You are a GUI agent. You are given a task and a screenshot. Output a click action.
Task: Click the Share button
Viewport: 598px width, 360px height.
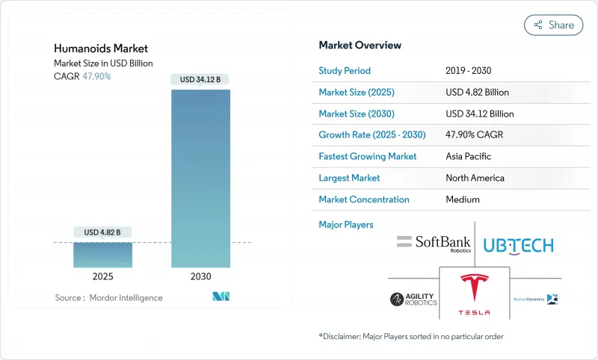point(554,25)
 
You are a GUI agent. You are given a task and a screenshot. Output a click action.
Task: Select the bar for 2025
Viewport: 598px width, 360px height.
point(103,255)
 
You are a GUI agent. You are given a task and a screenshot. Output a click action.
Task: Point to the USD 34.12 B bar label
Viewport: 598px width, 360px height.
point(201,79)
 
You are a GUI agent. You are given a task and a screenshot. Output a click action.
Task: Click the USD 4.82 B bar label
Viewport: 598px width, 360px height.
point(103,232)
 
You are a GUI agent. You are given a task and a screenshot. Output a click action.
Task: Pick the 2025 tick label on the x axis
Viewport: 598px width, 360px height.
point(103,276)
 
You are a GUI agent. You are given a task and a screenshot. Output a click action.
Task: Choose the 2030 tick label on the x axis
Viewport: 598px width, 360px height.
point(201,276)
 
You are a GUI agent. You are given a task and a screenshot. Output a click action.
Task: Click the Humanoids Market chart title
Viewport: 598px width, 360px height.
point(101,49)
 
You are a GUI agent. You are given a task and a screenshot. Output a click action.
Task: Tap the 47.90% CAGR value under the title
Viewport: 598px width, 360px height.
point(96,77)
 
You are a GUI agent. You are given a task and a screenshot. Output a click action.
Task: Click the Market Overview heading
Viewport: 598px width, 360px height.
point(360,46)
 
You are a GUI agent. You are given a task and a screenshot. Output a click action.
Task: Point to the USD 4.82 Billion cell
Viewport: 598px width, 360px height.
point(477,93)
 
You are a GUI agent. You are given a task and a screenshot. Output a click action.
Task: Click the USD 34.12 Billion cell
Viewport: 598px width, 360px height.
point(479,114)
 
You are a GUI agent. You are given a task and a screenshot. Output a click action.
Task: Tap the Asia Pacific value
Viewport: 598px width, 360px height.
point(469,157)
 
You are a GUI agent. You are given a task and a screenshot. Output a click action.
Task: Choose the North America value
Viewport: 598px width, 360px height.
point(475,179)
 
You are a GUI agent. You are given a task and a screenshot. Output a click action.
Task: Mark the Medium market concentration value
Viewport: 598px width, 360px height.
point(463,200)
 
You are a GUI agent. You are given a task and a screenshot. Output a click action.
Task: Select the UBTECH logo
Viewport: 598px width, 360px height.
point(518,245)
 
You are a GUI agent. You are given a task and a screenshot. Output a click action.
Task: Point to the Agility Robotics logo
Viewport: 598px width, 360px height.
point(413,300)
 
